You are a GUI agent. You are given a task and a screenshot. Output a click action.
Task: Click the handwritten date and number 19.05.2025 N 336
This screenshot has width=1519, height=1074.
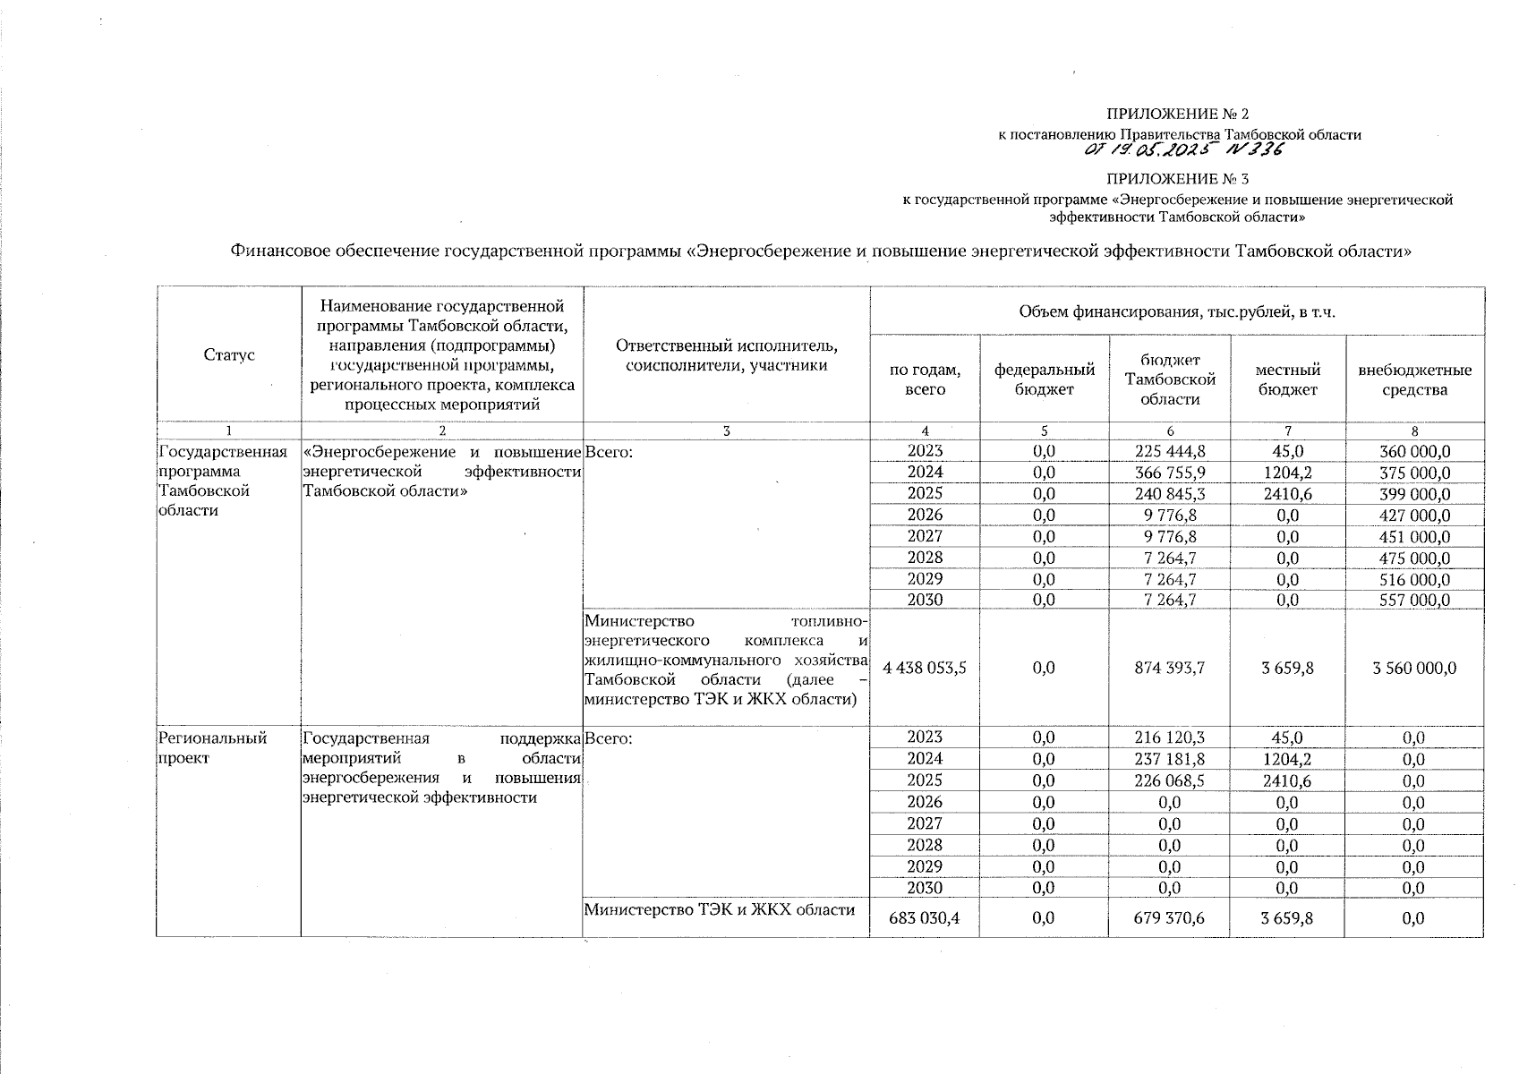coord(1182,149)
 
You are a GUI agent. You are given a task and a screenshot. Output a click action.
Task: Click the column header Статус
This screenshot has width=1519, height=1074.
coord(229,355)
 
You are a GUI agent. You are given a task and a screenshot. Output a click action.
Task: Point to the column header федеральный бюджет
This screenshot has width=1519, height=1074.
coord(1045,379)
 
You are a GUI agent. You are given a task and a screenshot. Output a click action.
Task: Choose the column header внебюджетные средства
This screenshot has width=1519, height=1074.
coord(1414,379)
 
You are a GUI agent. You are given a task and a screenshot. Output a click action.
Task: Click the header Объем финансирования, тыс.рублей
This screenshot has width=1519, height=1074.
coord(1177,311)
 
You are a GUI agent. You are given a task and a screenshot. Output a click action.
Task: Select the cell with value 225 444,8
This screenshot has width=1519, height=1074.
coord(1169,451)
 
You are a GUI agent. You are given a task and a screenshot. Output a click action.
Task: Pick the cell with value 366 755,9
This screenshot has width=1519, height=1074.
coord(1169,473)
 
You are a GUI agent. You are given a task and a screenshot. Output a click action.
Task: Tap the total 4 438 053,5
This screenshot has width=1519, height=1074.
coord(925,668)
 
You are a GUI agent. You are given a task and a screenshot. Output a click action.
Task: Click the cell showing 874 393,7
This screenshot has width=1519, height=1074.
coord(1169,668)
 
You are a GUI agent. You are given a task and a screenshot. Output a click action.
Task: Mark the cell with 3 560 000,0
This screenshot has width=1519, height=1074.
coord(1414,668)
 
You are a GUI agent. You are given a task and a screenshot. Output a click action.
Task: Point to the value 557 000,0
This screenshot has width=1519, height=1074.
coord(1414,601)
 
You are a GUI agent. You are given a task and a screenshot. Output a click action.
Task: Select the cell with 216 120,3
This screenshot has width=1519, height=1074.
coord(1169,737)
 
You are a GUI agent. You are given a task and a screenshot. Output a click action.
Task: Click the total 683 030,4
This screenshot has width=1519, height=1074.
coord(925,917)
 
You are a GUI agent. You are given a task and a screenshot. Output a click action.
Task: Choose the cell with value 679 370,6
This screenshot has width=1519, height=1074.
coord(1169,917)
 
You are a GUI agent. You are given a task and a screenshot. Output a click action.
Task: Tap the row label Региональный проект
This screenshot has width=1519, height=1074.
coord(212,747)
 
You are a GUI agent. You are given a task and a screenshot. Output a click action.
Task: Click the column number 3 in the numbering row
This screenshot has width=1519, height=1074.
coord(726,431)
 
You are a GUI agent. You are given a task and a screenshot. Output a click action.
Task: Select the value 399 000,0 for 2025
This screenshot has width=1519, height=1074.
coord(1414,494)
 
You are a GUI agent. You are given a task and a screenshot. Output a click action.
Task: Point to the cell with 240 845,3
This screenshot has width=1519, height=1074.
coord(1169,494)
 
